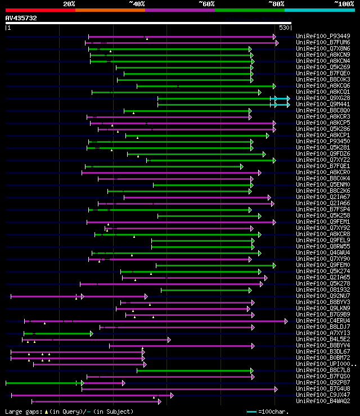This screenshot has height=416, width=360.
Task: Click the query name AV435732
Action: (x=21, y=18)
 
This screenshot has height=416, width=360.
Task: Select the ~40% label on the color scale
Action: (x=137, y=3)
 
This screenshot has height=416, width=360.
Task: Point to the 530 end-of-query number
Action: (x=284, y=27)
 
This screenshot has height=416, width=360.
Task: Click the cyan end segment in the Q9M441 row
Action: (x=280, y=104)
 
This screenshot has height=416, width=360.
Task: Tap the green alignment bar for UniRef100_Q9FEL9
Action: (x=202, y=240)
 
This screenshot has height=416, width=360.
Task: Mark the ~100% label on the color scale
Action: (x=344, y=3)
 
